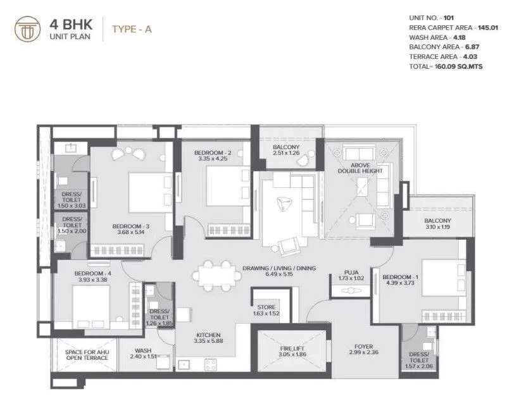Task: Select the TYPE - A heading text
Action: [x=132, y=28]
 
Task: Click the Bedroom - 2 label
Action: [x=213, y=152]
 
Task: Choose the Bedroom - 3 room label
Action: [x=131, y=226]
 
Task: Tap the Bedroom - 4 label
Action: [x=73, y=273]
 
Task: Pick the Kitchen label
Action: [x=208, y=335]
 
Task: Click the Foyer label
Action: [x=364, y=347]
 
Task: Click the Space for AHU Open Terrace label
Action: [x=87, y=354]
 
